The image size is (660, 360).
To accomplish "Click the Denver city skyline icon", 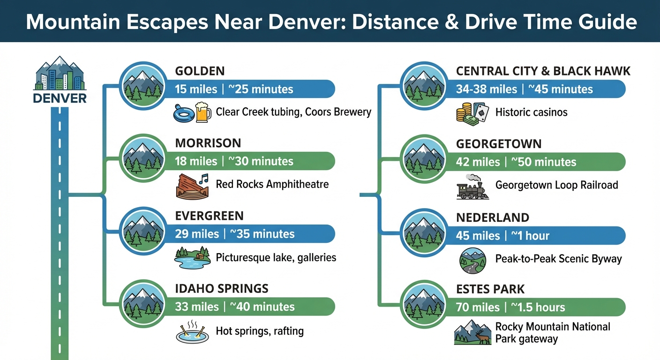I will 60,74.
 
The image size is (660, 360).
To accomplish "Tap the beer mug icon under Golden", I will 203,112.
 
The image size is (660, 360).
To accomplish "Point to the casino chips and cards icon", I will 472,113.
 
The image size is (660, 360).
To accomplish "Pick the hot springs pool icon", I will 192,332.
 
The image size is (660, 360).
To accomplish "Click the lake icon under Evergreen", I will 192,258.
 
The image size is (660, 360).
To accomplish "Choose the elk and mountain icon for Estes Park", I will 472,333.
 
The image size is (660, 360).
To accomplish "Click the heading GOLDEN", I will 200,71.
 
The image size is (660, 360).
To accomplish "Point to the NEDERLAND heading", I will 492,217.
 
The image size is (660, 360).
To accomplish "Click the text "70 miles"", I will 478,307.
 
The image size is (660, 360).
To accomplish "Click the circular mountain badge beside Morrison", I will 142,157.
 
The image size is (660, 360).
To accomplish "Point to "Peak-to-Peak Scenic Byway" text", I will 558,259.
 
